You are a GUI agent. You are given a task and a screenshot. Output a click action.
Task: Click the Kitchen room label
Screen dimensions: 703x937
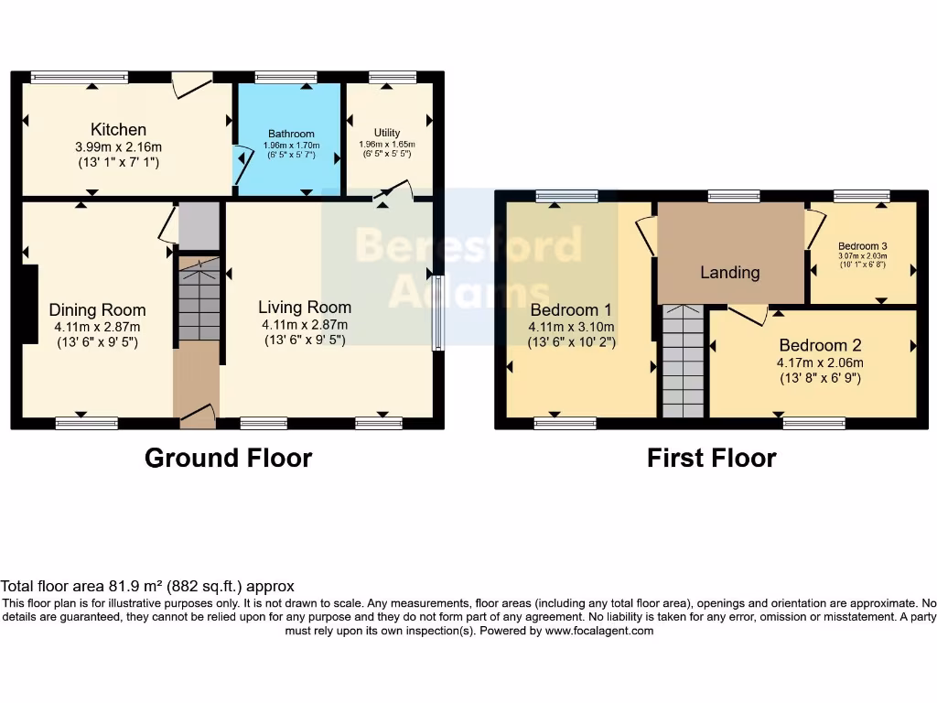118,130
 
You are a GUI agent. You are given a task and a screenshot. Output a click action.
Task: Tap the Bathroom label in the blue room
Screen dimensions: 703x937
291,134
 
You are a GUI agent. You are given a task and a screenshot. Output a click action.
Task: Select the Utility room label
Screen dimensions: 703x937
387,133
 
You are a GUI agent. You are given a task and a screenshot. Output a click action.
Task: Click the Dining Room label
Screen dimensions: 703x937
97,309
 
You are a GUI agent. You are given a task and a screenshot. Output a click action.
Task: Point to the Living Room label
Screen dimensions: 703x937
304,307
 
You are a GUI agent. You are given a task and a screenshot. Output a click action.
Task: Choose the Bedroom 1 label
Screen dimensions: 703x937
571,309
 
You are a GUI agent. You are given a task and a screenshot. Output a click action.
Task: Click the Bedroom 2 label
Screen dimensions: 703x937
820,345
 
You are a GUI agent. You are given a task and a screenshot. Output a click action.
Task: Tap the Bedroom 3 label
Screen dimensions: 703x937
863,246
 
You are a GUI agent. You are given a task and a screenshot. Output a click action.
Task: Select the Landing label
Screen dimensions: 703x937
729,272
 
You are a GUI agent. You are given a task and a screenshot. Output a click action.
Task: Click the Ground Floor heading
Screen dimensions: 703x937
228,458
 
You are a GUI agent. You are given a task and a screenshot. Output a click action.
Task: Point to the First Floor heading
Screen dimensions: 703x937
711,458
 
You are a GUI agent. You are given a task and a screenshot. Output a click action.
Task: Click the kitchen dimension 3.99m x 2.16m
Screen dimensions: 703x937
118,147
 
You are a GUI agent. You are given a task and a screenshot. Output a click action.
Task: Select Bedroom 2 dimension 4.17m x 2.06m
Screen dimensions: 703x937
820,362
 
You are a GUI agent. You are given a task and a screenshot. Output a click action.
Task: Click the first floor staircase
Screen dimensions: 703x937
684,362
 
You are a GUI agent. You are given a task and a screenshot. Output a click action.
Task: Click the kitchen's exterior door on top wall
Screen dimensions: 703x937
192,83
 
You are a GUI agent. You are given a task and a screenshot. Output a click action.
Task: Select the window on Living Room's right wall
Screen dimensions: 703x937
437,313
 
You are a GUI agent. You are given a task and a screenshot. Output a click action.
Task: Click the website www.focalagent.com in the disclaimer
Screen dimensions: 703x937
600,631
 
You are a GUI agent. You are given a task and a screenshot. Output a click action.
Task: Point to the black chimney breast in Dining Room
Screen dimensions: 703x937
29,304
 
